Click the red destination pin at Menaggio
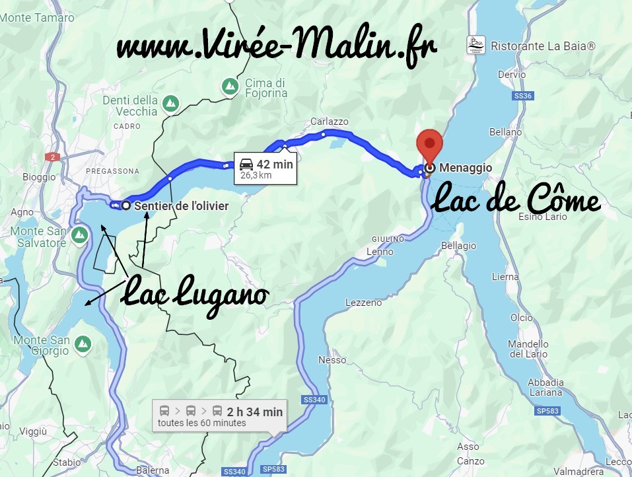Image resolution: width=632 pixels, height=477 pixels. point(430,143)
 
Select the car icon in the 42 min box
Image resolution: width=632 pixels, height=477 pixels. point(246,164)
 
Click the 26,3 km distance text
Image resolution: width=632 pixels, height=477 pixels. point(256,176)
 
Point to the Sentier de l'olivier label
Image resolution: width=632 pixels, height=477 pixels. point(181,206)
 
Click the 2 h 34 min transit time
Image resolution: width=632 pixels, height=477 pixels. point(254,412)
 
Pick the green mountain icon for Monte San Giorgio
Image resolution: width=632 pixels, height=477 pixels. point(83,344)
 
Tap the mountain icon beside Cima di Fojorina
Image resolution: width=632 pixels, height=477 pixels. point(230,85)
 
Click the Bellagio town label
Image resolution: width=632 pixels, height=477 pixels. point(459,246)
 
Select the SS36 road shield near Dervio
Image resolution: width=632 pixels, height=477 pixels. point(523,96)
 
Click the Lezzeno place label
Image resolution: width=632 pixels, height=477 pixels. point(363,303)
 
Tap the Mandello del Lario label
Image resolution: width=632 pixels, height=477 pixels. point(528,349)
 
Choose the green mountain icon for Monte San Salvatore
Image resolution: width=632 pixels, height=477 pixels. point(80,234)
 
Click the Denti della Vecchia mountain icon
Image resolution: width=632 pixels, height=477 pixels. point(170,102)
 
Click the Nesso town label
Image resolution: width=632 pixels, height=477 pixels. point(332,360)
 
